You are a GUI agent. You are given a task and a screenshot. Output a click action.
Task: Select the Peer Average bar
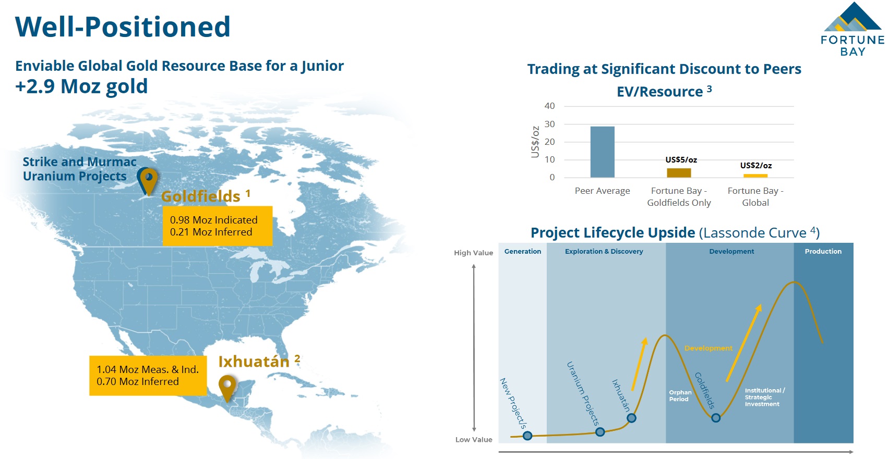tap(602, 152)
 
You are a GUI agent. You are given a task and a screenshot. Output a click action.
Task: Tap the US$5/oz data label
tap(681, 160)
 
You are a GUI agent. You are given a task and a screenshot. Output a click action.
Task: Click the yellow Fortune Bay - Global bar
tap(755, 176)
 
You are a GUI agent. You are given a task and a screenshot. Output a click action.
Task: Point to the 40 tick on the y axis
tap(549, 106)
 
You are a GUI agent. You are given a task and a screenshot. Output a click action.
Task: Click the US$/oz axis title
tap(535, 142)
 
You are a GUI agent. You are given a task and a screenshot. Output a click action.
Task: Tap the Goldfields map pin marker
tap(149, 181)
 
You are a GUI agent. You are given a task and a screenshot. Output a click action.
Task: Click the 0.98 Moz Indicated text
tap(213, 220)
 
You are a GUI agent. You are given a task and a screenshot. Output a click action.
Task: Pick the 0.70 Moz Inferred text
tap(138, 381)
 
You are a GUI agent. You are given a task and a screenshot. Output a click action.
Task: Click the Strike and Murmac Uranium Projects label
tap(79, 169)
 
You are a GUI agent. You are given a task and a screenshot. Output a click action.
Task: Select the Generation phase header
tap(522, 251)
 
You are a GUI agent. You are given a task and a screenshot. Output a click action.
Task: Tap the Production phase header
tap(823, 251)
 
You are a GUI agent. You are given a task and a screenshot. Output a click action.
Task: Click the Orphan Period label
tap(680, 395)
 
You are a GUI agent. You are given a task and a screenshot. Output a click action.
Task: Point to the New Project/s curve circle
tap(527, 436)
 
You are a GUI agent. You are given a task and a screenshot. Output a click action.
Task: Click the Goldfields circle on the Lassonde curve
tap(716, 418)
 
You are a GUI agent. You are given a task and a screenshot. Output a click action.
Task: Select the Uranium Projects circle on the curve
tap(600, 432)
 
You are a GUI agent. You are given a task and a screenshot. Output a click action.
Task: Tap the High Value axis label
tap(474, 253)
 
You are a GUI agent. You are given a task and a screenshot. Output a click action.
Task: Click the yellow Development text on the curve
tap(708, 348)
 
